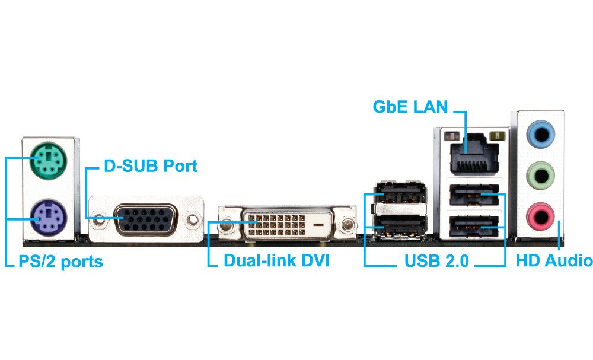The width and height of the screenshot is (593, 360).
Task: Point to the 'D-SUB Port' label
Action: click(x=151, y=166)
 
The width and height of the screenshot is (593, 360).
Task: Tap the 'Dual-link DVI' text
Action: click(x=276, y=261)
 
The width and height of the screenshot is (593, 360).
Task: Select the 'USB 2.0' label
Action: click(x=436, y=261)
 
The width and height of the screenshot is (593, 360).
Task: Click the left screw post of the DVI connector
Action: click(x=225, y=226)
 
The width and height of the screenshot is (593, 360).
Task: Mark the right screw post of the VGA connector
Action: click(x=192, y=221)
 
